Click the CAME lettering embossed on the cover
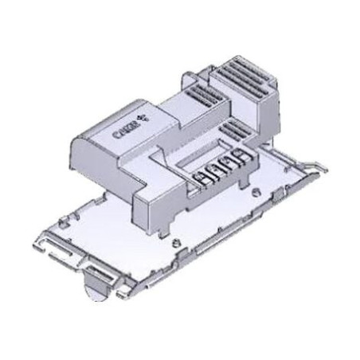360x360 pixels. [x=125, y=131]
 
